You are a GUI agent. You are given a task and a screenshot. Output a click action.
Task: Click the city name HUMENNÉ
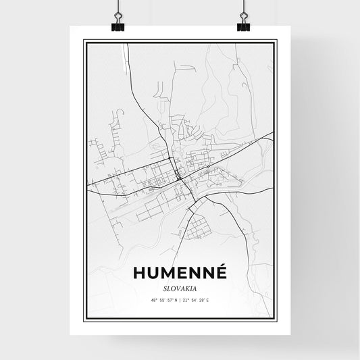click(180, 272)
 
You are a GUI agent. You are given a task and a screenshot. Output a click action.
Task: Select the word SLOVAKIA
click(180, 286)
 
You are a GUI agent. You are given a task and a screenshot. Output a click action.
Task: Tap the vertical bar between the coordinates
click(180, 299)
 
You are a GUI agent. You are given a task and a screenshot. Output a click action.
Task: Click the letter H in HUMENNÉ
click(140, 272)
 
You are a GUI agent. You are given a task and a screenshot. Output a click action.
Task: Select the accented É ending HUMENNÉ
click(221, 272)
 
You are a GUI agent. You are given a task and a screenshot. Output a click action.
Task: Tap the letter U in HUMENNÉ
click(155, 272)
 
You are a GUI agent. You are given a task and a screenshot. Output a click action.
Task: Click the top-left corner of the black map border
click(84, 41)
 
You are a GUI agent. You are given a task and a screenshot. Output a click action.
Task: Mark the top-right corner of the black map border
click(276, 41)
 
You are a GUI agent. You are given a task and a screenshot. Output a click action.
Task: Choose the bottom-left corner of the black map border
click(84, 320)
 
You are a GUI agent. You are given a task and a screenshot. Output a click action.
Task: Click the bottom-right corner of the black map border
click(276, 320)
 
